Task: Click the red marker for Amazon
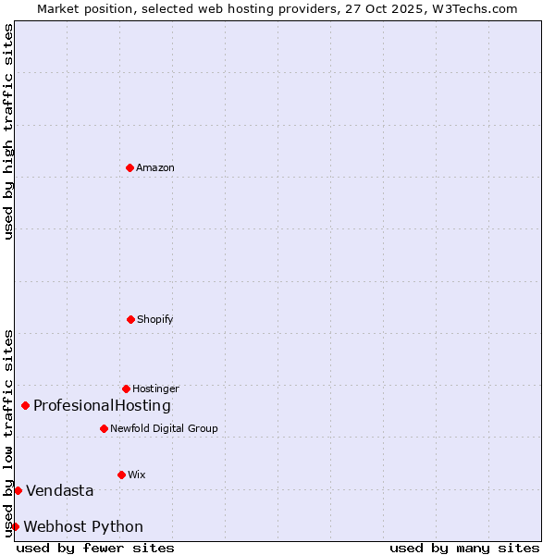129,167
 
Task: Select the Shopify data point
130,319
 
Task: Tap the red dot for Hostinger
126,388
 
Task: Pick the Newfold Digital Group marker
104,428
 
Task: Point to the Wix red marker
121,475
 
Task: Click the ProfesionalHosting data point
25,405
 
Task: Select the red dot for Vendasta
18,490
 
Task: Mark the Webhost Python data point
15,526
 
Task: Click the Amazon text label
155,168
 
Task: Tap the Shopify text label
155,320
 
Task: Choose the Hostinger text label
155,389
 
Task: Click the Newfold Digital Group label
164,429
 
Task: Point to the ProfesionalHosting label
102,406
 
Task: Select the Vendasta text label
59,491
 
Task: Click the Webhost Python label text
83,527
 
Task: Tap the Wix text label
137,475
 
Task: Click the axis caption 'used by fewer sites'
95,548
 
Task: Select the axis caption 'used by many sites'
464,548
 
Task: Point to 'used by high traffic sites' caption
8,131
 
